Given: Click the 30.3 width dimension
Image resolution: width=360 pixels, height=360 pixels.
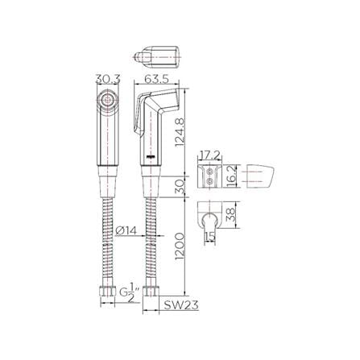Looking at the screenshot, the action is pyautogui.click(x=108, y=79).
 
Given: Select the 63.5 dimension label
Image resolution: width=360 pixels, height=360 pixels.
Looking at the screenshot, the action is pyautogui.click(x=156, y=79).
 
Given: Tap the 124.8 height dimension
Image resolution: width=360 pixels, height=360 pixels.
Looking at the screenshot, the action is pyautogui.click(x=180, y=132).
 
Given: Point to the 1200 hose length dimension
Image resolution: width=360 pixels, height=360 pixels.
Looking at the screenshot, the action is pyautogui.click(x=180, y=246).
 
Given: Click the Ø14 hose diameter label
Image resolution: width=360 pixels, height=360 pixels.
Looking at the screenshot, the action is pyautogui.click(x=126, y=230).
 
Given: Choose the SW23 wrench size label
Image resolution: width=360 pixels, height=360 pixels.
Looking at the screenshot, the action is pyautogui.click(x=181, y=304).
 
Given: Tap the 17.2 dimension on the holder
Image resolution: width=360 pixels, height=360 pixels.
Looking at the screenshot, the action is pyautogui.click(x=209, y=155).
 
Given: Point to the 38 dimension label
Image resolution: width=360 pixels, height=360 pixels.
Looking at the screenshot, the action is pyautogui.click(x=230, y=214).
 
